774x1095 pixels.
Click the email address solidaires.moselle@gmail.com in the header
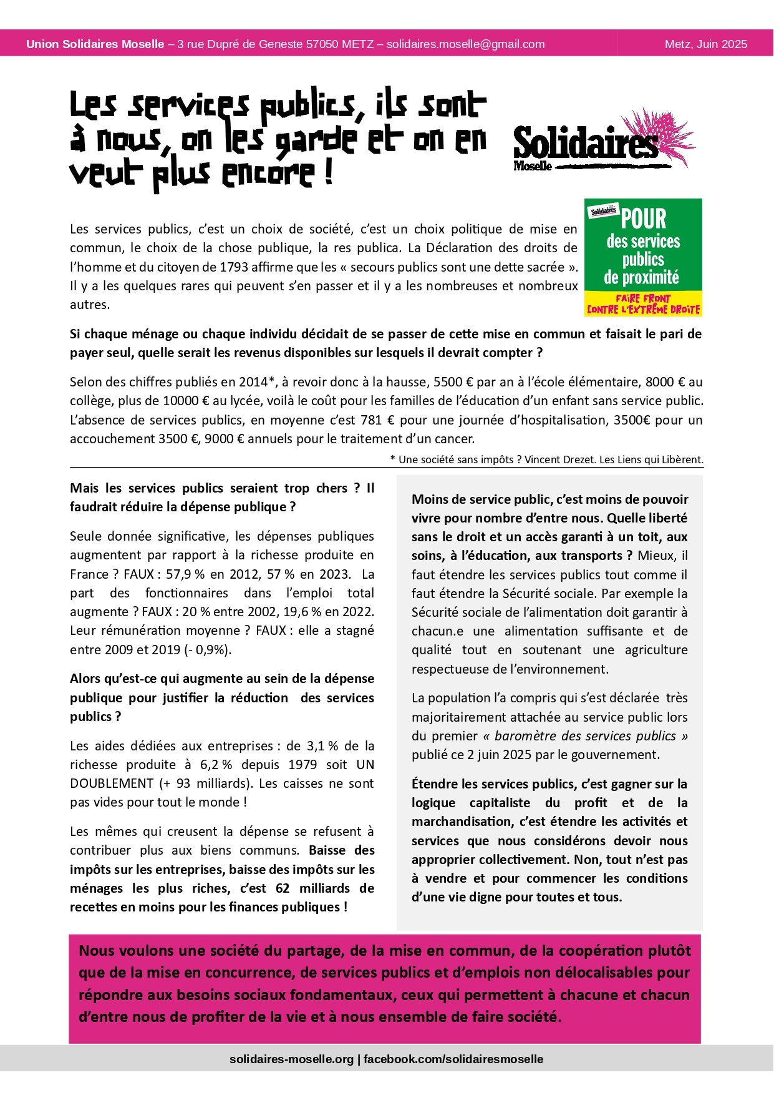coord(465,44)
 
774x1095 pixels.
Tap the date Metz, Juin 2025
coord(705,44)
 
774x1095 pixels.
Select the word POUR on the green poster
coord(644,219)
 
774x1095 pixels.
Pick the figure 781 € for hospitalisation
coord(378,420)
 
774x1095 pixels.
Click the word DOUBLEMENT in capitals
coord(112,783)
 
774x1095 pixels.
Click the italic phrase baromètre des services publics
coord(585,736)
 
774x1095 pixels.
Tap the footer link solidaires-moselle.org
coord(291,1059)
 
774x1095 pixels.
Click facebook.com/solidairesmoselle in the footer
coord(453,1059)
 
